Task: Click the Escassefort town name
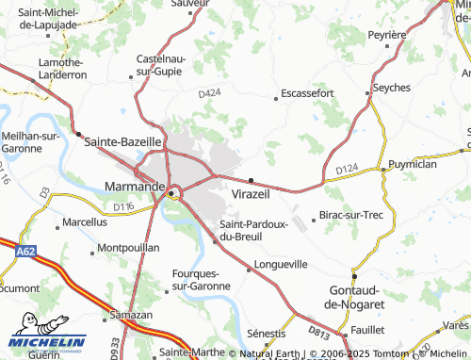click(306, 95)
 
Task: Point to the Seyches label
click(391, 87)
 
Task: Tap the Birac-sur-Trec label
click(352, 216)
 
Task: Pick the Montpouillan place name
click(128, 247)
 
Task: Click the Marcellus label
click(85, 223)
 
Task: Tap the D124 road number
click(347, 169)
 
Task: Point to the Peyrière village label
click(386, 34)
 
